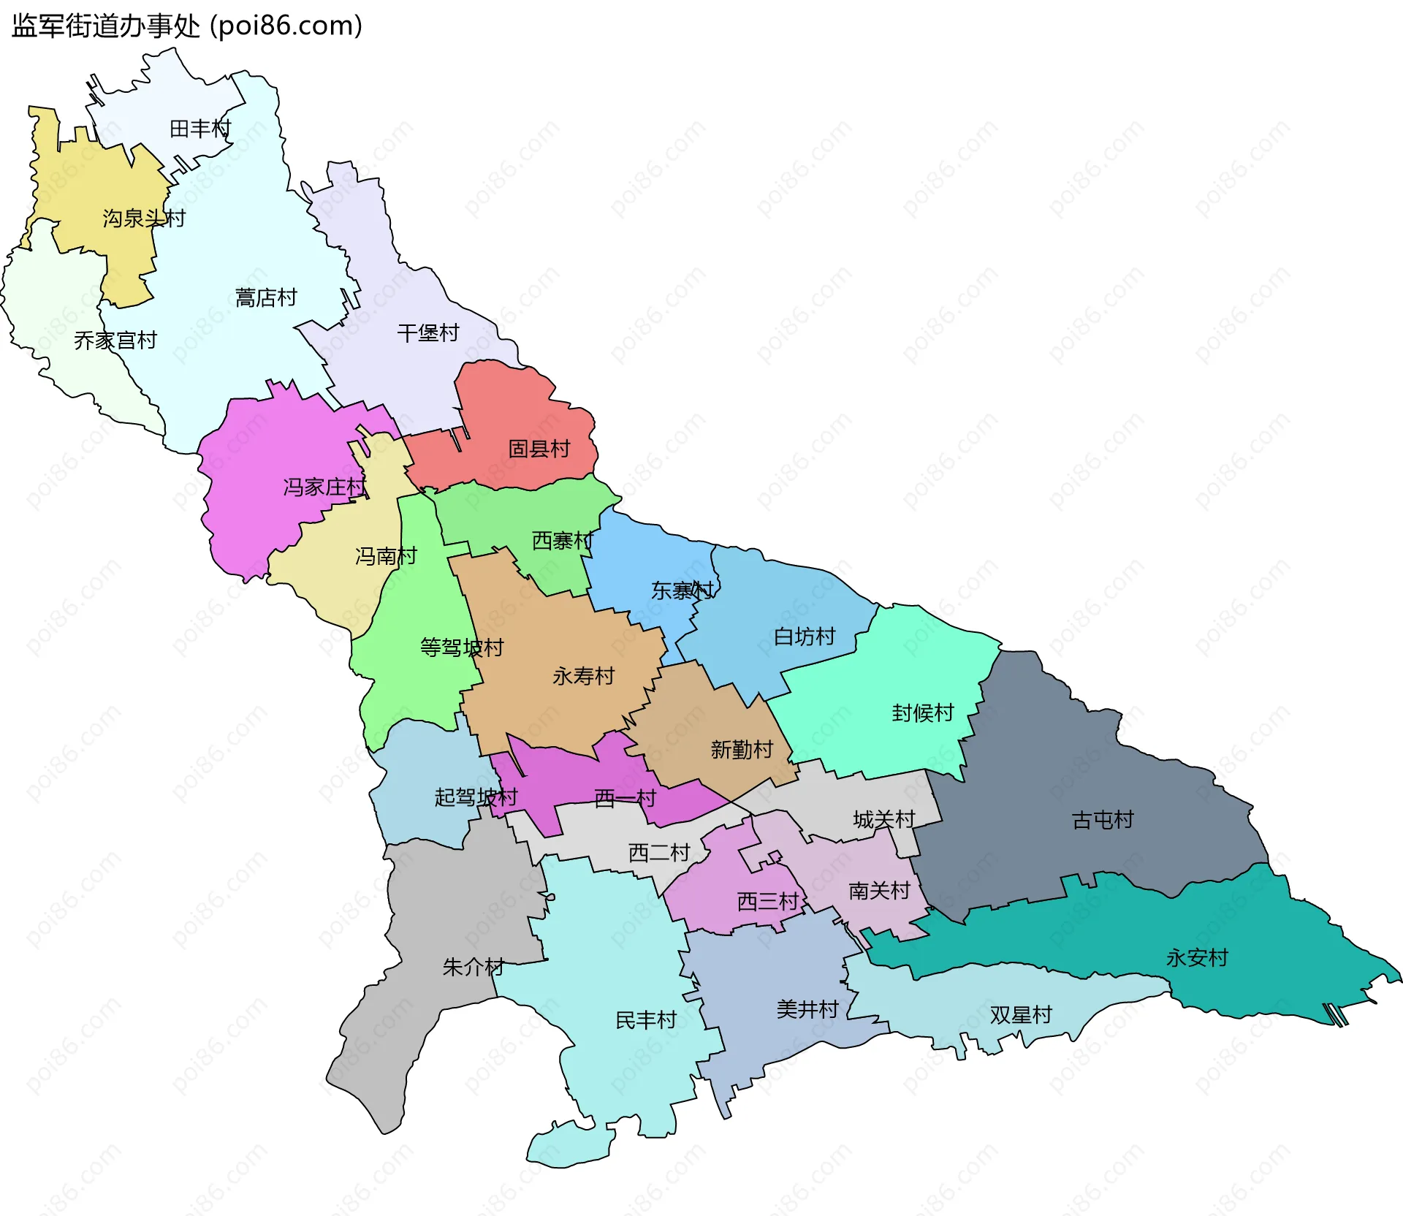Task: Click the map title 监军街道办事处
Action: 106,26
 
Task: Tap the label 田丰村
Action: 200,129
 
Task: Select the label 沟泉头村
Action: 144,218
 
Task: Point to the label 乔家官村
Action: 115,341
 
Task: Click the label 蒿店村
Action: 266,298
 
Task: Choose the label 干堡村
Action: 428,334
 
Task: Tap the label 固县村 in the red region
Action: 539,449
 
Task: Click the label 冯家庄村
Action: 324,487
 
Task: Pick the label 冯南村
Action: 386,557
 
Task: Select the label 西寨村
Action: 563,541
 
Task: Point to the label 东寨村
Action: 683,590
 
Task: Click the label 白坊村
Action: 805,637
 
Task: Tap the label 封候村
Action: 923,713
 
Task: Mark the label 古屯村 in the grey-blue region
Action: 1103,821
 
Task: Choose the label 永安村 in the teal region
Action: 1197,958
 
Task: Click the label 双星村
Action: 1021,1015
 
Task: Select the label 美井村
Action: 807,1010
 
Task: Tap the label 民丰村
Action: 646,1020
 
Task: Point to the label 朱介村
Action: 474,968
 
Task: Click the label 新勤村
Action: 742,750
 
